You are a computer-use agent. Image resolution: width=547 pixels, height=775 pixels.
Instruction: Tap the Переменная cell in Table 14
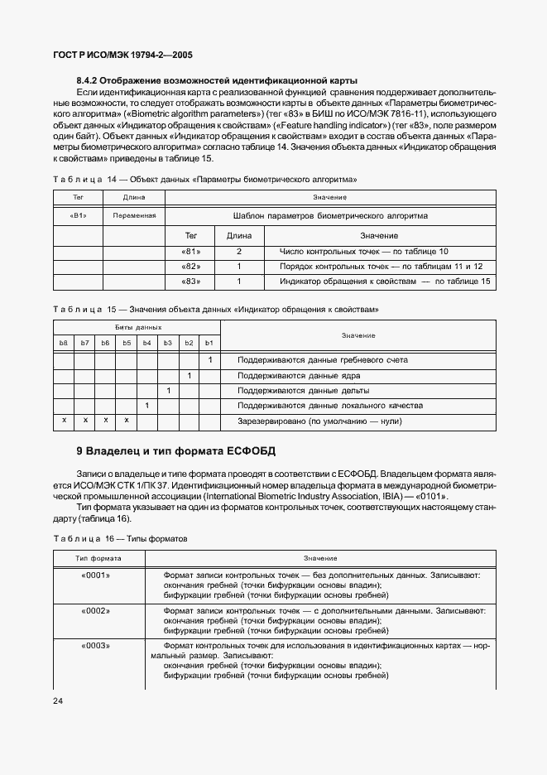click(x=133, y=215)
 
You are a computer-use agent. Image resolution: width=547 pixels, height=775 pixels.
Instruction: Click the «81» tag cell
click(x=190, y=251)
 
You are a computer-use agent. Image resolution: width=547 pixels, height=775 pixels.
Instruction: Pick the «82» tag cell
click(x=190, y=267)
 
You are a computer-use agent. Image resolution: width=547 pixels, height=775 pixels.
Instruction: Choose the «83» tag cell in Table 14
click(x=190, y=282)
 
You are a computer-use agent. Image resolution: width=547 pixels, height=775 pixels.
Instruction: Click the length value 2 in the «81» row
click(x=238, y=251)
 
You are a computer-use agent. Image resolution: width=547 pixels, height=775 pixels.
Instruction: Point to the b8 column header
click(x=63, y=343)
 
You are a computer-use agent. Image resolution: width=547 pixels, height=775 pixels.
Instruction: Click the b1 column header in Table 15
click(x=209, y=343)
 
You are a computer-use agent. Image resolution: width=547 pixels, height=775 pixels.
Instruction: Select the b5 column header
click(x=127, y=343)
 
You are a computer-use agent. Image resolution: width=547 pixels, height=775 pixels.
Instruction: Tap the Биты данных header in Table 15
click(x=137, y=328)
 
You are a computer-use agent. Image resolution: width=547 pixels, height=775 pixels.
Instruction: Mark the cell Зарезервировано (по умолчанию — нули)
click(x=319, y=421)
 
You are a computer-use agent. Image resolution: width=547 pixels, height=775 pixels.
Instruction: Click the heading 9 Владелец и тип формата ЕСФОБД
click(x=175, y=451)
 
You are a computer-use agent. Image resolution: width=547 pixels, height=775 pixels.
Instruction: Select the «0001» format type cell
click(x=98, y=574)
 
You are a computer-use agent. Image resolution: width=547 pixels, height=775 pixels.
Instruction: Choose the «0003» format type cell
click(x=98, y=645)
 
